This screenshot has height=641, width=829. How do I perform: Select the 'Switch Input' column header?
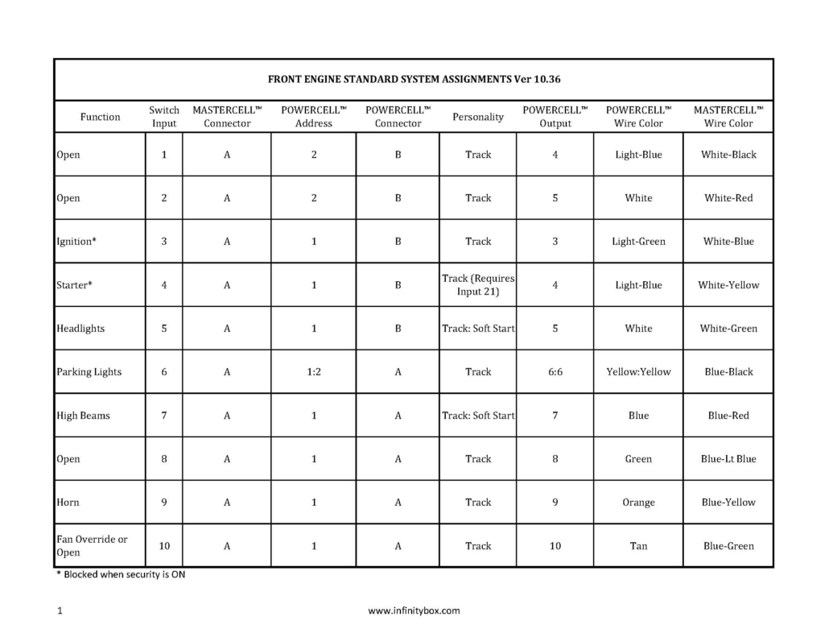164,117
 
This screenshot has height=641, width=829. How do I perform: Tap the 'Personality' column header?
478,117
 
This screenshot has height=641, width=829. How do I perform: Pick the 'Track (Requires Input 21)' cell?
478,285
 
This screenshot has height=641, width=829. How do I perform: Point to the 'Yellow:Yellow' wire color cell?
638,372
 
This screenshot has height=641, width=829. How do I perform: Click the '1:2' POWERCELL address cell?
314,372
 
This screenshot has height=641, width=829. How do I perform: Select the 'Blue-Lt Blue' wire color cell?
728,459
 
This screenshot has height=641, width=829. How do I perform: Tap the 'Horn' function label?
68,502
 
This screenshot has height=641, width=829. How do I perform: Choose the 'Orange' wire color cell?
638,502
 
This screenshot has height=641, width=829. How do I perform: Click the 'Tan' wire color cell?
638,546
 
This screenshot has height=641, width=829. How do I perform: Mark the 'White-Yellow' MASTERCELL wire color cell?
728,285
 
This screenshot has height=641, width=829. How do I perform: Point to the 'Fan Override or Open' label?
92,546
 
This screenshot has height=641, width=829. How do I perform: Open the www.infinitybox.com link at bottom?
414,610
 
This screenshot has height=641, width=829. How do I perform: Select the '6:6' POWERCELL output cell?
555,372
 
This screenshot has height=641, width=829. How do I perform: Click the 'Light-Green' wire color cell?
638,242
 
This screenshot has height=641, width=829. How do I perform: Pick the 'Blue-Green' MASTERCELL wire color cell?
728,546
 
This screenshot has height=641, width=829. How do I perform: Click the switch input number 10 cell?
164,546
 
